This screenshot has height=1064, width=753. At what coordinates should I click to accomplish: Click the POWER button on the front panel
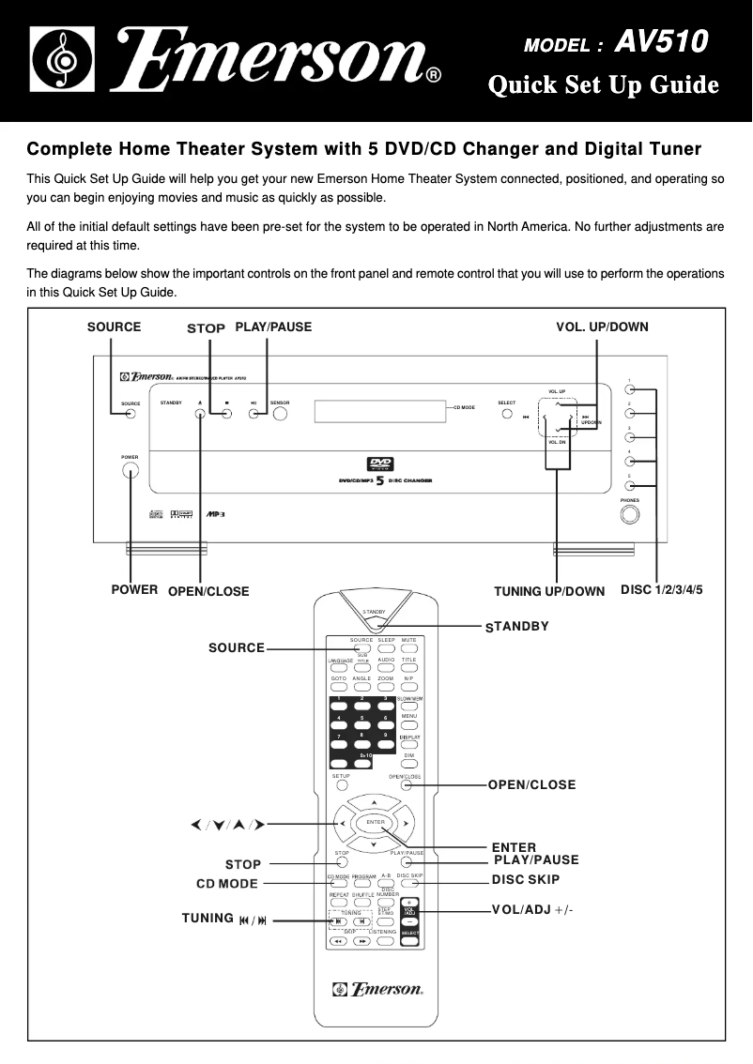click(x=130, y=471)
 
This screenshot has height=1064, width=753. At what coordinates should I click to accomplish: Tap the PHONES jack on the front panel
click(x=629, y=515)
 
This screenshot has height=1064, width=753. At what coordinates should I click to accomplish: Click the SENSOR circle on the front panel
click(x=280, y=413)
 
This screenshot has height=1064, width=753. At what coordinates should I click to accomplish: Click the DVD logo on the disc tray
click(x=378, y=464)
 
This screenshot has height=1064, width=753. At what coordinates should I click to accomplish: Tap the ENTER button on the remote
click(x=376, y=823)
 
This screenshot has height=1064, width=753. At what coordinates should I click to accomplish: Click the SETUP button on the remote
click(x=342, y=785)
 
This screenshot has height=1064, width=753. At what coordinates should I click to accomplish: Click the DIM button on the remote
click(x=408, y=765)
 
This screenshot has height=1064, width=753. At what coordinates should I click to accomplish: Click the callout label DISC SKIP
click(x=525, y=880)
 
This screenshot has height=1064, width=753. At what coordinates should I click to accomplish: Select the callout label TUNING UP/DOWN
click(x=549, y=591)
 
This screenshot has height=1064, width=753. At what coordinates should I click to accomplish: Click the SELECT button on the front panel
click(x=506, y=414)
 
